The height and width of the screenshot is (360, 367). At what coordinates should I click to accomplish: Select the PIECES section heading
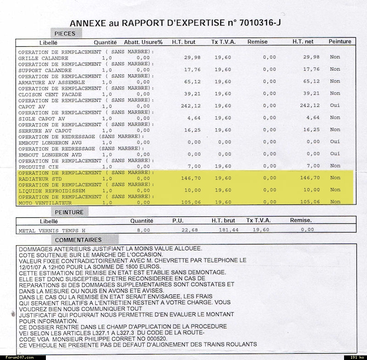point(65,33)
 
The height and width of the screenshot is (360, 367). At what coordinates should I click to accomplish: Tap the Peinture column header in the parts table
point(340,42)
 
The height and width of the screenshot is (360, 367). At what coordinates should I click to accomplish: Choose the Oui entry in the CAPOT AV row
point(335,105)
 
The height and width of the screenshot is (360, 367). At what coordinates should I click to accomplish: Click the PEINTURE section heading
point(69,212)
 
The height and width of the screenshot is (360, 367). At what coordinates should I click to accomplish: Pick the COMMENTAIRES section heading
point(78,240)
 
